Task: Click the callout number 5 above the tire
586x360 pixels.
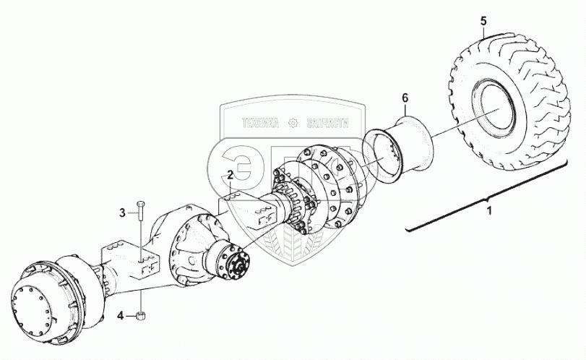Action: [x=483, y=22]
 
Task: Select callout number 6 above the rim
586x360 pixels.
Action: [x=405, y=98]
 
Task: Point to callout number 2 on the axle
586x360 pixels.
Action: [x=230, y=175]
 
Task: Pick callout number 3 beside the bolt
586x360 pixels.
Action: [x=123, y=212]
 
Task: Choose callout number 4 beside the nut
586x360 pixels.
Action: [x=121, y=314]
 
